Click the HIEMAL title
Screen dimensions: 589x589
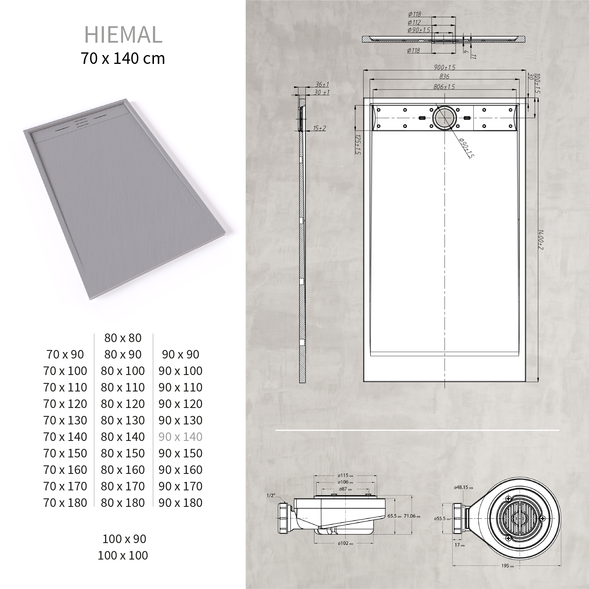pos(123,35)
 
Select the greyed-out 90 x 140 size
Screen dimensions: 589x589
pos(180,437)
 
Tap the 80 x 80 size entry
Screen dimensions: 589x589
pos(122,338)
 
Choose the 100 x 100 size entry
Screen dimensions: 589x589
pos(122,555)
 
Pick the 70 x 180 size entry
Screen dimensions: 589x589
pos(65,503)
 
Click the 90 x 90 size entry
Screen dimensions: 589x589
pos(180,354)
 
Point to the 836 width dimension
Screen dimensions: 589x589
pos(444,77)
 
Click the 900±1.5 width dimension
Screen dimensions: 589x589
pos(444,67)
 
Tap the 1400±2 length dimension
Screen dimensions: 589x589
pos(540,240)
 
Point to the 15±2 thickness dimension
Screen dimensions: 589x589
pos(319,128)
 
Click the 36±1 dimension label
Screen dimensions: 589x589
pos(322,84)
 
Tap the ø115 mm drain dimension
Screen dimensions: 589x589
pos(345,475)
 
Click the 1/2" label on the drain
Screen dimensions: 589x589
pos(271,495)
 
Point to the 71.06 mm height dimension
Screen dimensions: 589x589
pos(412,516)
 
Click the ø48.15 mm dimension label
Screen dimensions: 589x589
pos(463,487)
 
